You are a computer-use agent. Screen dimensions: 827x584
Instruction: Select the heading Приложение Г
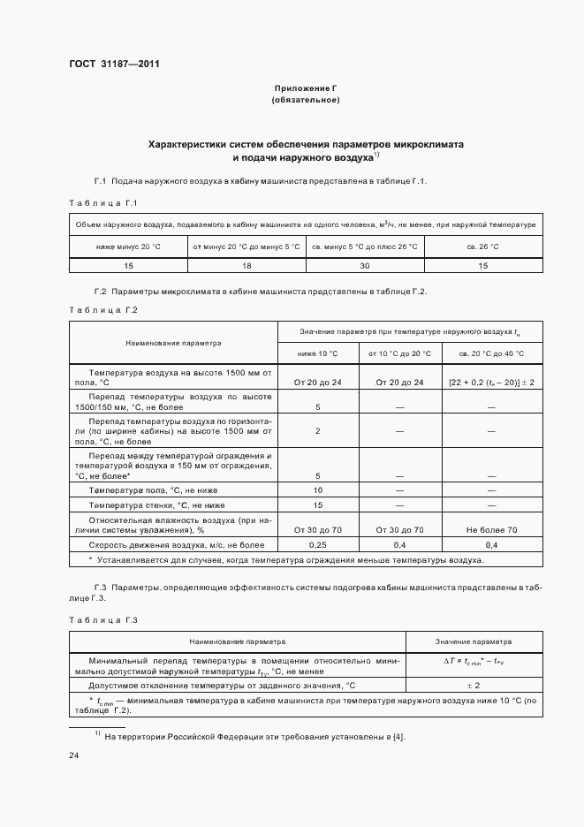306,89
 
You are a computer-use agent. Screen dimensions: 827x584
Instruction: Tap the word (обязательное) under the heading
306,101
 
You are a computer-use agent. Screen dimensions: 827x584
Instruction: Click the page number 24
73,755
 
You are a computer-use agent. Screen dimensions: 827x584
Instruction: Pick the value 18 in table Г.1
246,266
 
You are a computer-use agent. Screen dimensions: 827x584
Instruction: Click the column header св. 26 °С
483,246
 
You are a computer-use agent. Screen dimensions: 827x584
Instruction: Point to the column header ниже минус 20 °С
128,246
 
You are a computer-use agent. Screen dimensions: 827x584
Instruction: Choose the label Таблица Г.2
103,310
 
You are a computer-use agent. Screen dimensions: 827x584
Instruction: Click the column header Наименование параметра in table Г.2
173,343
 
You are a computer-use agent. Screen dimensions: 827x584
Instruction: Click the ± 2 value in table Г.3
473,686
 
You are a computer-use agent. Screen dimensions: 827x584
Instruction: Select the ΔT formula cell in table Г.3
473,663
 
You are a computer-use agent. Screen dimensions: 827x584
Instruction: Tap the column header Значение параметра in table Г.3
473,641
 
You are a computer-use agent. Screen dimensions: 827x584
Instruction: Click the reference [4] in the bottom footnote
398,736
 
